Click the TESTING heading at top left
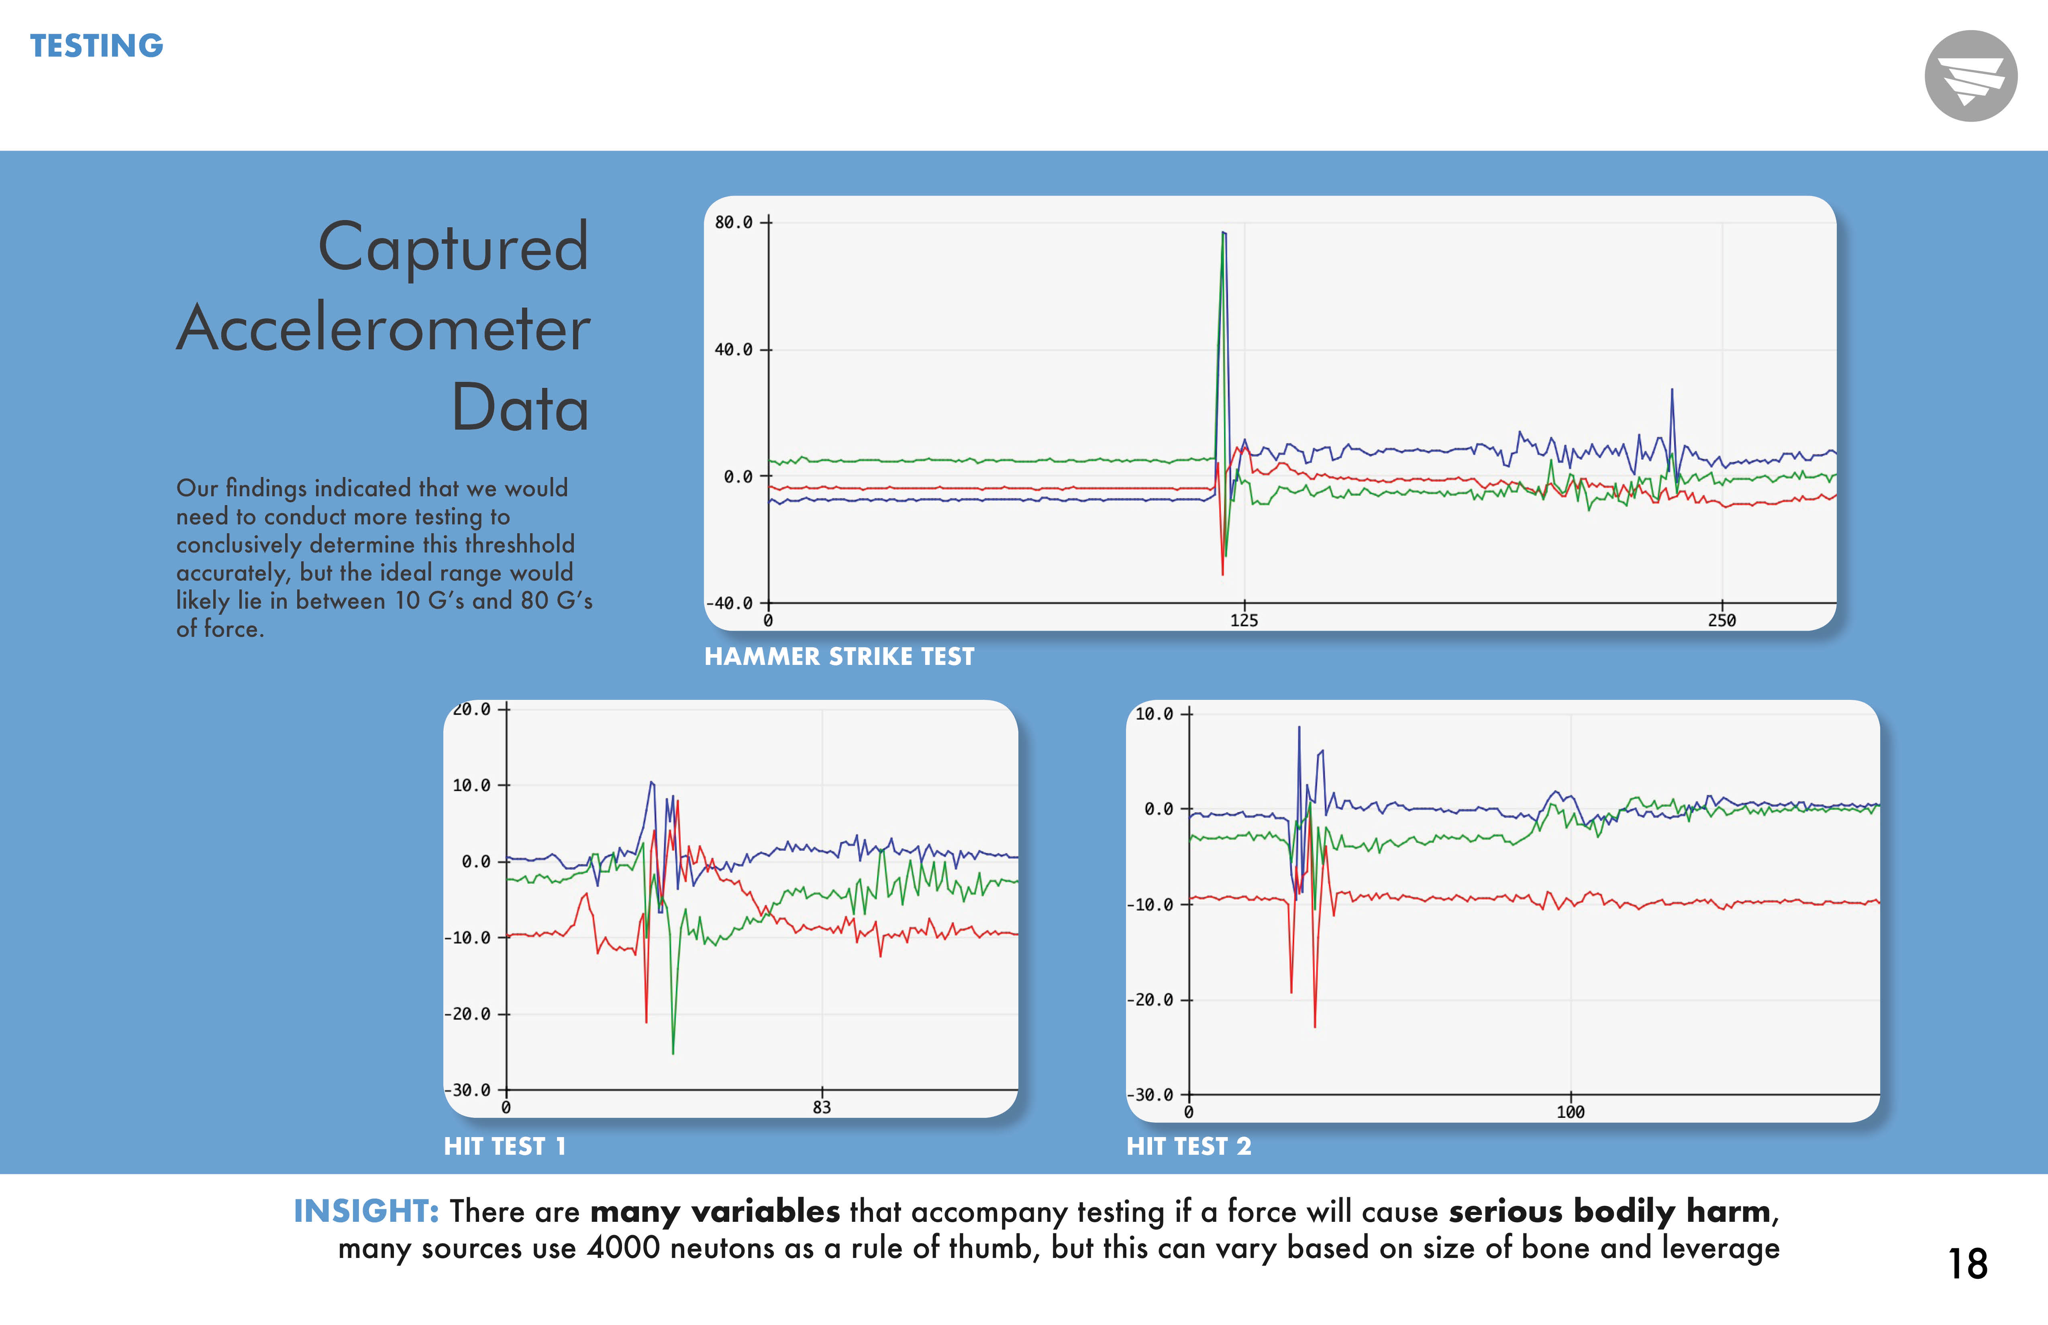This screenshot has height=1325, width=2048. [x=96, y=46]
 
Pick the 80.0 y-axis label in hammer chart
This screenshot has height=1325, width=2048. [x=733, y=223]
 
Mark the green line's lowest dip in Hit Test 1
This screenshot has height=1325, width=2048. [x=673, y=1052]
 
